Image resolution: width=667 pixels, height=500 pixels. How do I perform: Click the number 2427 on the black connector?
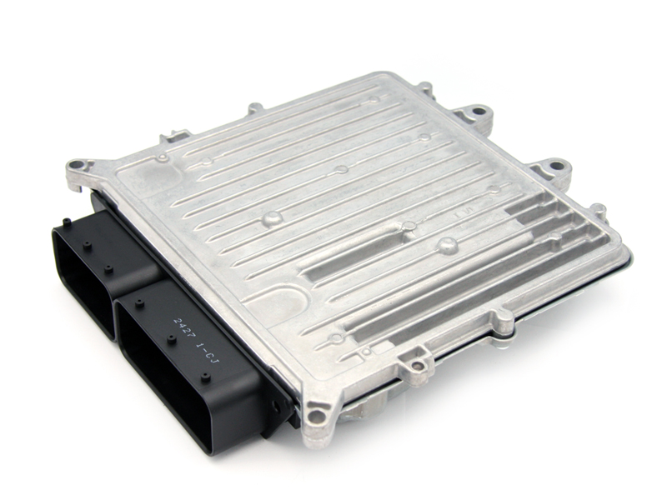pyautogui.click(x=182, y=329)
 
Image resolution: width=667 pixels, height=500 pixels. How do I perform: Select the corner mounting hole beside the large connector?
pyautogui.click(x=315, y=412)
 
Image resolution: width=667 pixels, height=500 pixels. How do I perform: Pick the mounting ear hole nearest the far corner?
pyautogui.click(x=478, y=112)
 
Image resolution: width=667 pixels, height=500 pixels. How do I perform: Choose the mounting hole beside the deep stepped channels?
pyautogui.click(x=555, y=166)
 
